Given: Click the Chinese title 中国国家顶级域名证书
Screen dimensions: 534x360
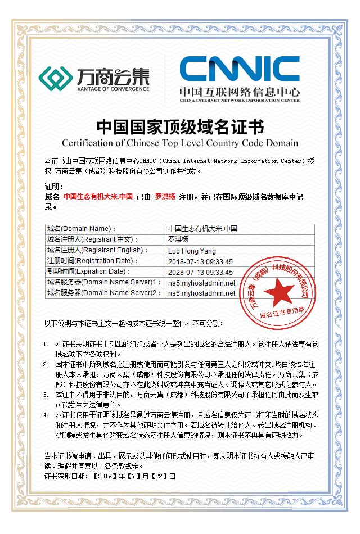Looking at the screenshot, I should [180, 125].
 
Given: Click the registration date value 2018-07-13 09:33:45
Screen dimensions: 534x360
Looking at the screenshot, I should [200, 261].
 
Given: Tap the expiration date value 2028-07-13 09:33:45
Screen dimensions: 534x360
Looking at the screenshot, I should [200, 272].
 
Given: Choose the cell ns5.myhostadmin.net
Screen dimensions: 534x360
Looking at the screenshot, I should [201, 283].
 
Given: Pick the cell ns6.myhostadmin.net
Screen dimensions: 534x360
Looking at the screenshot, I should [201, 293].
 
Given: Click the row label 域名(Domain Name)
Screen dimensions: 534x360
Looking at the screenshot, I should [82, 229].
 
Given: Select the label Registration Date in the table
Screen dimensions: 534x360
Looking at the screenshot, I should [106, 261].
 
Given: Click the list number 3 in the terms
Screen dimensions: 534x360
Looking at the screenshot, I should [46, 395].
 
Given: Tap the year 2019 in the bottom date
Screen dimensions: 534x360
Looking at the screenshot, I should [105, 476].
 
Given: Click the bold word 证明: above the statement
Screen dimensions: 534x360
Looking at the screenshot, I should [55, 187].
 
